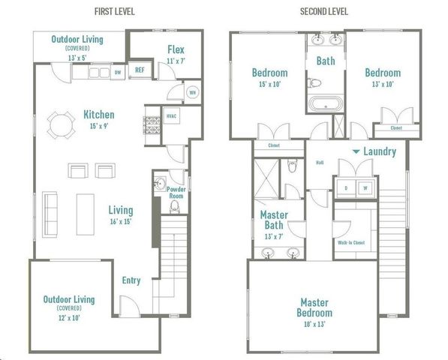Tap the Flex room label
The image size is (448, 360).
point(176,50)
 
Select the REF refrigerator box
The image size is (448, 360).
point(140,70)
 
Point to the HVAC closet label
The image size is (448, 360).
point(171,118)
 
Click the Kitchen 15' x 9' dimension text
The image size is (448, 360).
point(98,127)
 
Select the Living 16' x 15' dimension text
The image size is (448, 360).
point(120,222)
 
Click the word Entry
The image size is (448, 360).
point(131,280)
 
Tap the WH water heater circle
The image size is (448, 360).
point(172,94)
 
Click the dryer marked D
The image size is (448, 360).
point(346,187)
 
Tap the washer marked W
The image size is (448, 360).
point(365,187)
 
